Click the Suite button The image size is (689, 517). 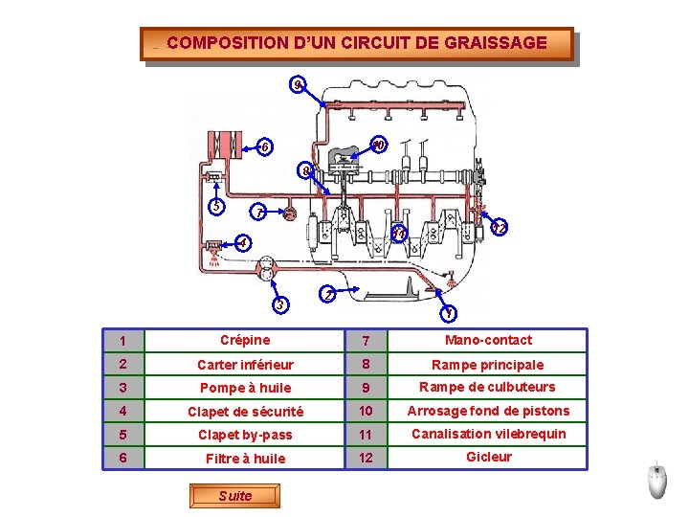pyautogui.click(x=234, y=496)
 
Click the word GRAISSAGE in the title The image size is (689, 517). pyautogui.click(x=496, y=43)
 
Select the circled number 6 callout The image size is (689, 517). pyautogui.click(x=264, y=146)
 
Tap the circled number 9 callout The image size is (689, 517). pyautogui.click(x=298, y=84)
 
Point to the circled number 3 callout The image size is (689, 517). pyautogui.click(x=280, y=304)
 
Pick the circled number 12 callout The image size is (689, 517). pyautogui.click(x=500, y=227)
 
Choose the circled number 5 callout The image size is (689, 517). pyautogui.click(x=216, y=206)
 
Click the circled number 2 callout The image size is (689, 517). pyautogui.click(x=328, y=294)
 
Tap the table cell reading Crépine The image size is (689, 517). pyautogui.click(x=245, y=340)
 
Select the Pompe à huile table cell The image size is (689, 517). pyautogui.click(x=245, y=388)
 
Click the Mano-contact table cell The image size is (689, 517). pyautogui.click(x=488, y=340)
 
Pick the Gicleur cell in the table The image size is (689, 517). pyautogui.click(x=488, y=458)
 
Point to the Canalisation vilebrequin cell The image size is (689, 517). pyautogui.click(x=488, y=435)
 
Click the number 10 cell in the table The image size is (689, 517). pyautogui.click(x=366, y=411)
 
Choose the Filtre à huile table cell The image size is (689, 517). pyautogui.click(x=245, y=458)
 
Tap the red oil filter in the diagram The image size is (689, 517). pyautogui.click(x=225, y=146)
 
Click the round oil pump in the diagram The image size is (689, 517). pyautogui.click(x=266, y=268)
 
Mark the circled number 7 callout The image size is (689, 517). pyautogui.click(x=258, y=213)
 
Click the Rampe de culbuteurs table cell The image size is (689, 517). pyautogui.click(x=488, y=388)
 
